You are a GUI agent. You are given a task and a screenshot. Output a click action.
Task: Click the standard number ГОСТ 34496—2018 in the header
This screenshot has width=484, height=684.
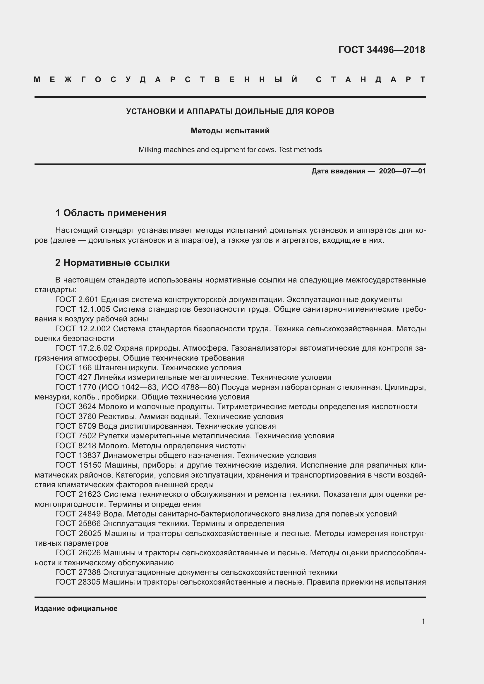tap(382, 50)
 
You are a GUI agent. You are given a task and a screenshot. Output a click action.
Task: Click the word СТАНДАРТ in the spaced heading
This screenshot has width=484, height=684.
tap(370, 80)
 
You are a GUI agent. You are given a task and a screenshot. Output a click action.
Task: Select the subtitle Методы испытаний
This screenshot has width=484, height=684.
tap(230, 131)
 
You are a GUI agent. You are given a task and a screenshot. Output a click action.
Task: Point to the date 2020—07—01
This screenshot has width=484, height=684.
tap(402, 171)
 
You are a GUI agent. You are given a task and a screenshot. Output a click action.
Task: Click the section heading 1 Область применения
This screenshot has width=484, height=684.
tap(111, 213)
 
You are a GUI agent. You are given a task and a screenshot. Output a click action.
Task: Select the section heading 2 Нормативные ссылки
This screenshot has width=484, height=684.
tap(112, 263)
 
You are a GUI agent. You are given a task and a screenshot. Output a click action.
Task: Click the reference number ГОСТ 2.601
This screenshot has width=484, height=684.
tap(77, 299)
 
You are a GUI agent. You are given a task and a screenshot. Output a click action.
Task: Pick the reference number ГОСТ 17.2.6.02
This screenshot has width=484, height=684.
tap(84, 348)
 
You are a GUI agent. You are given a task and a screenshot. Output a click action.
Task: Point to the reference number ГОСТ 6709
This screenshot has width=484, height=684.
tap(76, 426)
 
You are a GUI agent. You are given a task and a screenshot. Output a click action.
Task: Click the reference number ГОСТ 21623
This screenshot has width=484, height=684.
tap(78, 495)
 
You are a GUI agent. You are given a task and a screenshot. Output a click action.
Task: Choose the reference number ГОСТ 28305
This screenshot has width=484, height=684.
tap(78, 582)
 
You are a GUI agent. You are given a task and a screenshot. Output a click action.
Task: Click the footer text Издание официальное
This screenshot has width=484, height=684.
tap(76, 609)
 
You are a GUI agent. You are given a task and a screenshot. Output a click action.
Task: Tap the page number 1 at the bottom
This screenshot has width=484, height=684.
tap(423, 621)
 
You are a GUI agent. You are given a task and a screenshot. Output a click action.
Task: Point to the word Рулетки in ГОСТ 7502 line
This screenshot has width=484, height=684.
tap(113, 436)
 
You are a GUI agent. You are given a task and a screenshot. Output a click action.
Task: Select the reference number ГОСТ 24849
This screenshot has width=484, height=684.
tap(78, 514)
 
